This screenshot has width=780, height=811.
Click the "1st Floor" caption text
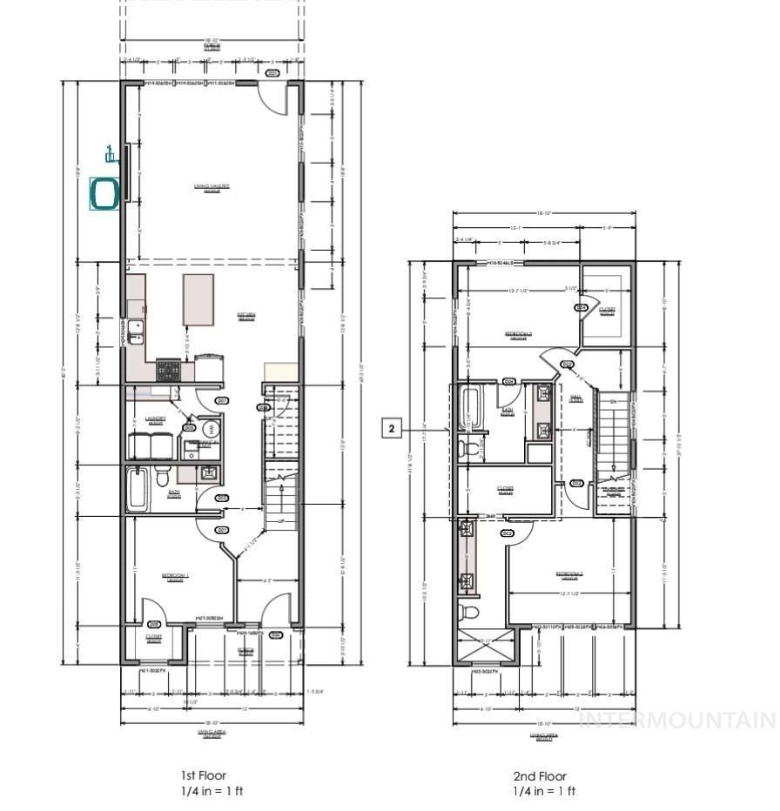(x=204, y=775)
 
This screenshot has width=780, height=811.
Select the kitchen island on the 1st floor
(x=198, y=300)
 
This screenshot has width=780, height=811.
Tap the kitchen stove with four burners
(x=168, y=370)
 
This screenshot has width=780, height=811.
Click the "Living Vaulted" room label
(x=212, y=187)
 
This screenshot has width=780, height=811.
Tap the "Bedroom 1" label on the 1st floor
(x=176, y=577)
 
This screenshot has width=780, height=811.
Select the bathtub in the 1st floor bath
(x=138, y=489)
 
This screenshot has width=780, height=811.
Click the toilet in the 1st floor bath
(x=163, y=479)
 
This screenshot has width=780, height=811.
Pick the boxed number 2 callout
(x=392, y=428)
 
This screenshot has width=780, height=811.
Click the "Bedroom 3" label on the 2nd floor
(x=519, y=334)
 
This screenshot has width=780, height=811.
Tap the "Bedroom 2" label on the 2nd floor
(x=569, y=574)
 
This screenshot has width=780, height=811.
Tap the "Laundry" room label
(x=155, y=419)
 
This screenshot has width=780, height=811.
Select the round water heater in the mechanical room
(x=209, y=430)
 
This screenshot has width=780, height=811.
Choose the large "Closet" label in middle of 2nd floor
(x=505, y=489)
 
